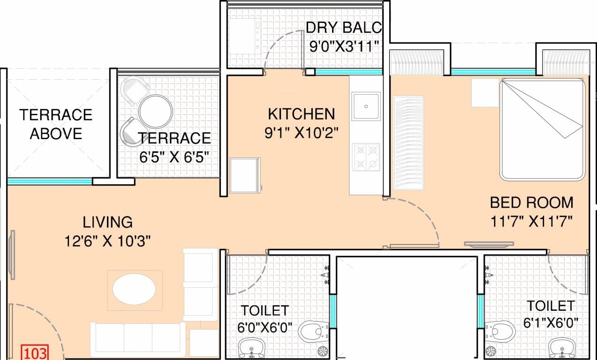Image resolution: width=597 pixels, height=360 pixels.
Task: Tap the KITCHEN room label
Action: [x=301, y=114]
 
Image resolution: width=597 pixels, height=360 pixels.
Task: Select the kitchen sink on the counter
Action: [x=366, y=106]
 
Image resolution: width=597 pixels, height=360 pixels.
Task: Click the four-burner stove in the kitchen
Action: [x=366, y=157]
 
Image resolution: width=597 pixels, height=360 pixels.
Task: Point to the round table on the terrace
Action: [x=156, y=112]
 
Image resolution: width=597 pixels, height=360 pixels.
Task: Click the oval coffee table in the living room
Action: [x=134, y=289]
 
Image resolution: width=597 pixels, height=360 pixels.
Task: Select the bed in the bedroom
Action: [x=542, y=129]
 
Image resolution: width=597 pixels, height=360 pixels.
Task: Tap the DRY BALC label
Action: [x=344, y=27]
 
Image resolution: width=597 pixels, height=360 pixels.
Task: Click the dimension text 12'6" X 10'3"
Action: [x=108, y=241]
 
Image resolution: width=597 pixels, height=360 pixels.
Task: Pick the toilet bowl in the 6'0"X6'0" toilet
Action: [x=311, y=331]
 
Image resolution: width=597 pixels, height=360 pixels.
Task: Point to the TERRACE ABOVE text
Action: [x=55, y=124]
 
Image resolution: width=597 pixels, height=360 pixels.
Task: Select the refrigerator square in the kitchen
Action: [x=244, y=175]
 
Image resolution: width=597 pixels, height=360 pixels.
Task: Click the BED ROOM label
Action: [x=531, y=202]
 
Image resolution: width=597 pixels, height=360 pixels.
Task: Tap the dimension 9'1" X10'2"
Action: [x=301, y=133]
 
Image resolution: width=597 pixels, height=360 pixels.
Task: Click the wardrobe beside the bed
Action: [x=408, y=142]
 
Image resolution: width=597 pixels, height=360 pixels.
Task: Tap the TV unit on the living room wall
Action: [x=11, y=255]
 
